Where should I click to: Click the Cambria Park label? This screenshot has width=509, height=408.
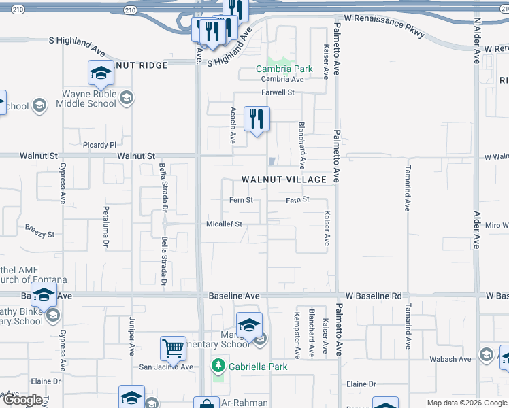point(284,69)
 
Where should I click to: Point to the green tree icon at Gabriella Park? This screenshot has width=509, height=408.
point(218,367)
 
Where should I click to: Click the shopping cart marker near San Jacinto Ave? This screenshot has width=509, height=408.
point(174,348)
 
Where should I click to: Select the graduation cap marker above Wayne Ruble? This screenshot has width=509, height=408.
point(101,72)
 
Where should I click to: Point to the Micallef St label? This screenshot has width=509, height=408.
point(224,224)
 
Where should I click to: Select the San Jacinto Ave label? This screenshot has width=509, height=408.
point(166,367)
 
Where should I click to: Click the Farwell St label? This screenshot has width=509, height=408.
point(278,92)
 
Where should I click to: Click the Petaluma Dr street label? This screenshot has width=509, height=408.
point(106,225)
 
